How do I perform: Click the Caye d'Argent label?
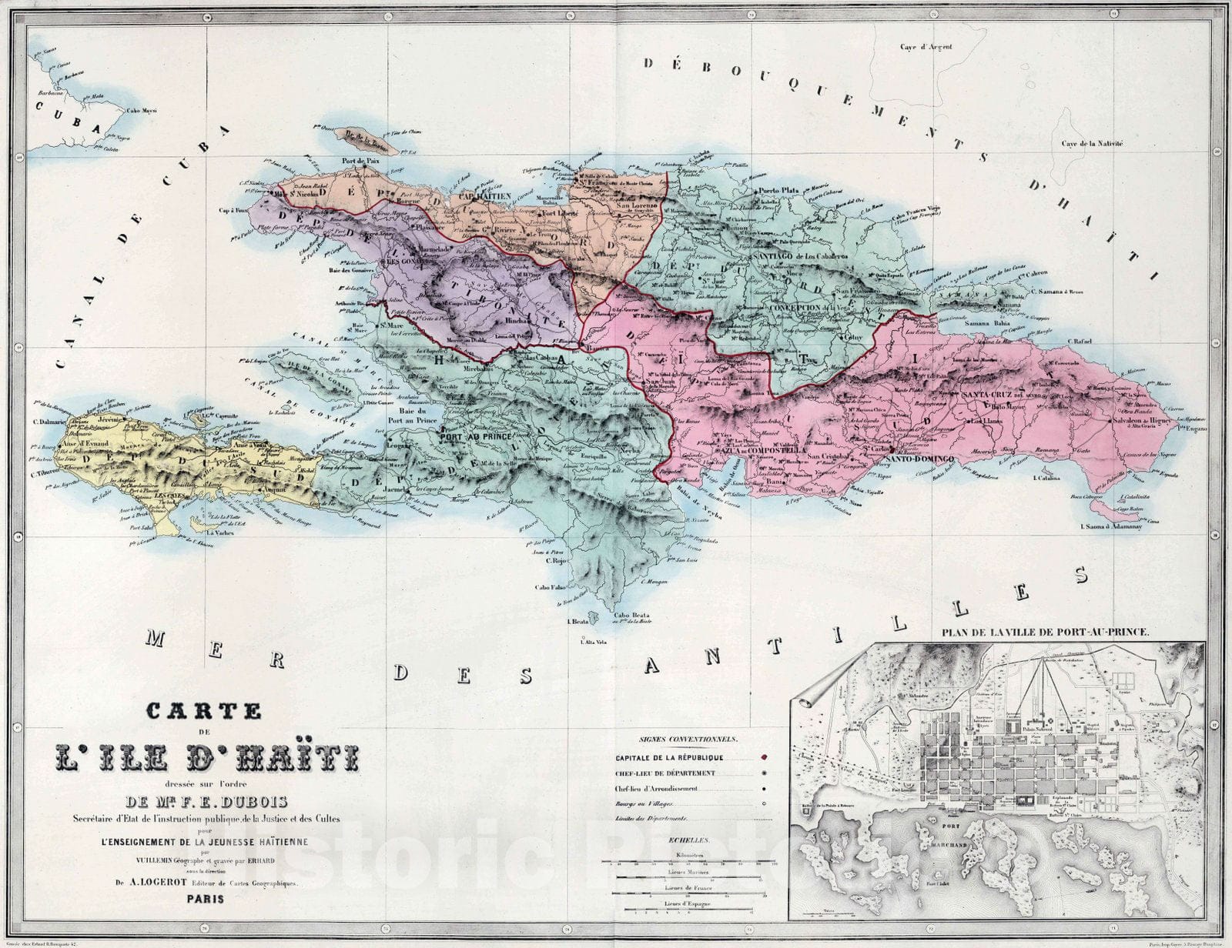[926, 47]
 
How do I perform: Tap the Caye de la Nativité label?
[1093, 144]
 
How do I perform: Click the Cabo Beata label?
[631, 616]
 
